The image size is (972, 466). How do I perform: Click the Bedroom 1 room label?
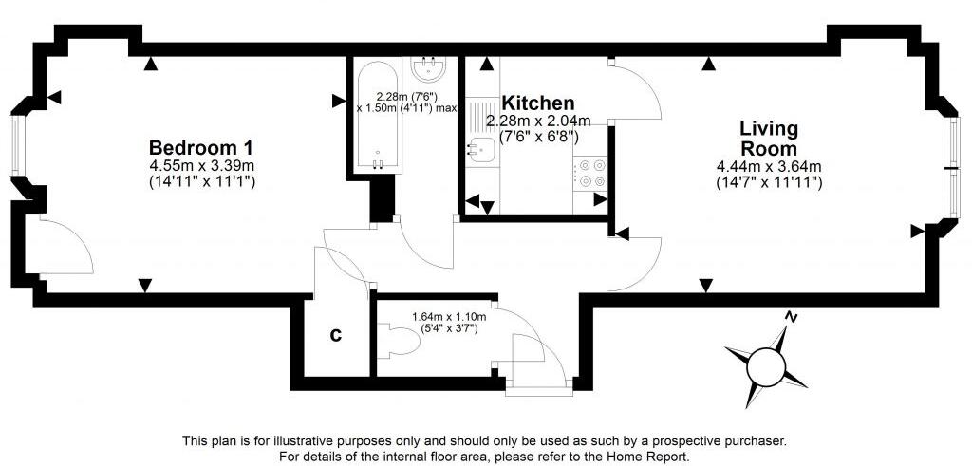[x=200, y=148]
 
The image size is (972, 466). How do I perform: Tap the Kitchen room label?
[x=537, y=103]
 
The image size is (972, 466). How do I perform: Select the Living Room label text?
[x=769, y=139]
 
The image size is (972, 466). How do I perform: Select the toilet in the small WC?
[x=402, y=343]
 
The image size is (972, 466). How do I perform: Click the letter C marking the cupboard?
[x=335, y=335]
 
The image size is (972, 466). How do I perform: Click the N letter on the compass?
[x=791, y=317]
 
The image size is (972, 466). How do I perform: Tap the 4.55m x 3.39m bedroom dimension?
[x=200, y=166]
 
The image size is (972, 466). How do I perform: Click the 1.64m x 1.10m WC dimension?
[x=449, y=316]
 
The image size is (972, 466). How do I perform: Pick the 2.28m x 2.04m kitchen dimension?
[x=537, y=121]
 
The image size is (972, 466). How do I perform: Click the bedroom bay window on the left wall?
[x=16, y=145]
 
